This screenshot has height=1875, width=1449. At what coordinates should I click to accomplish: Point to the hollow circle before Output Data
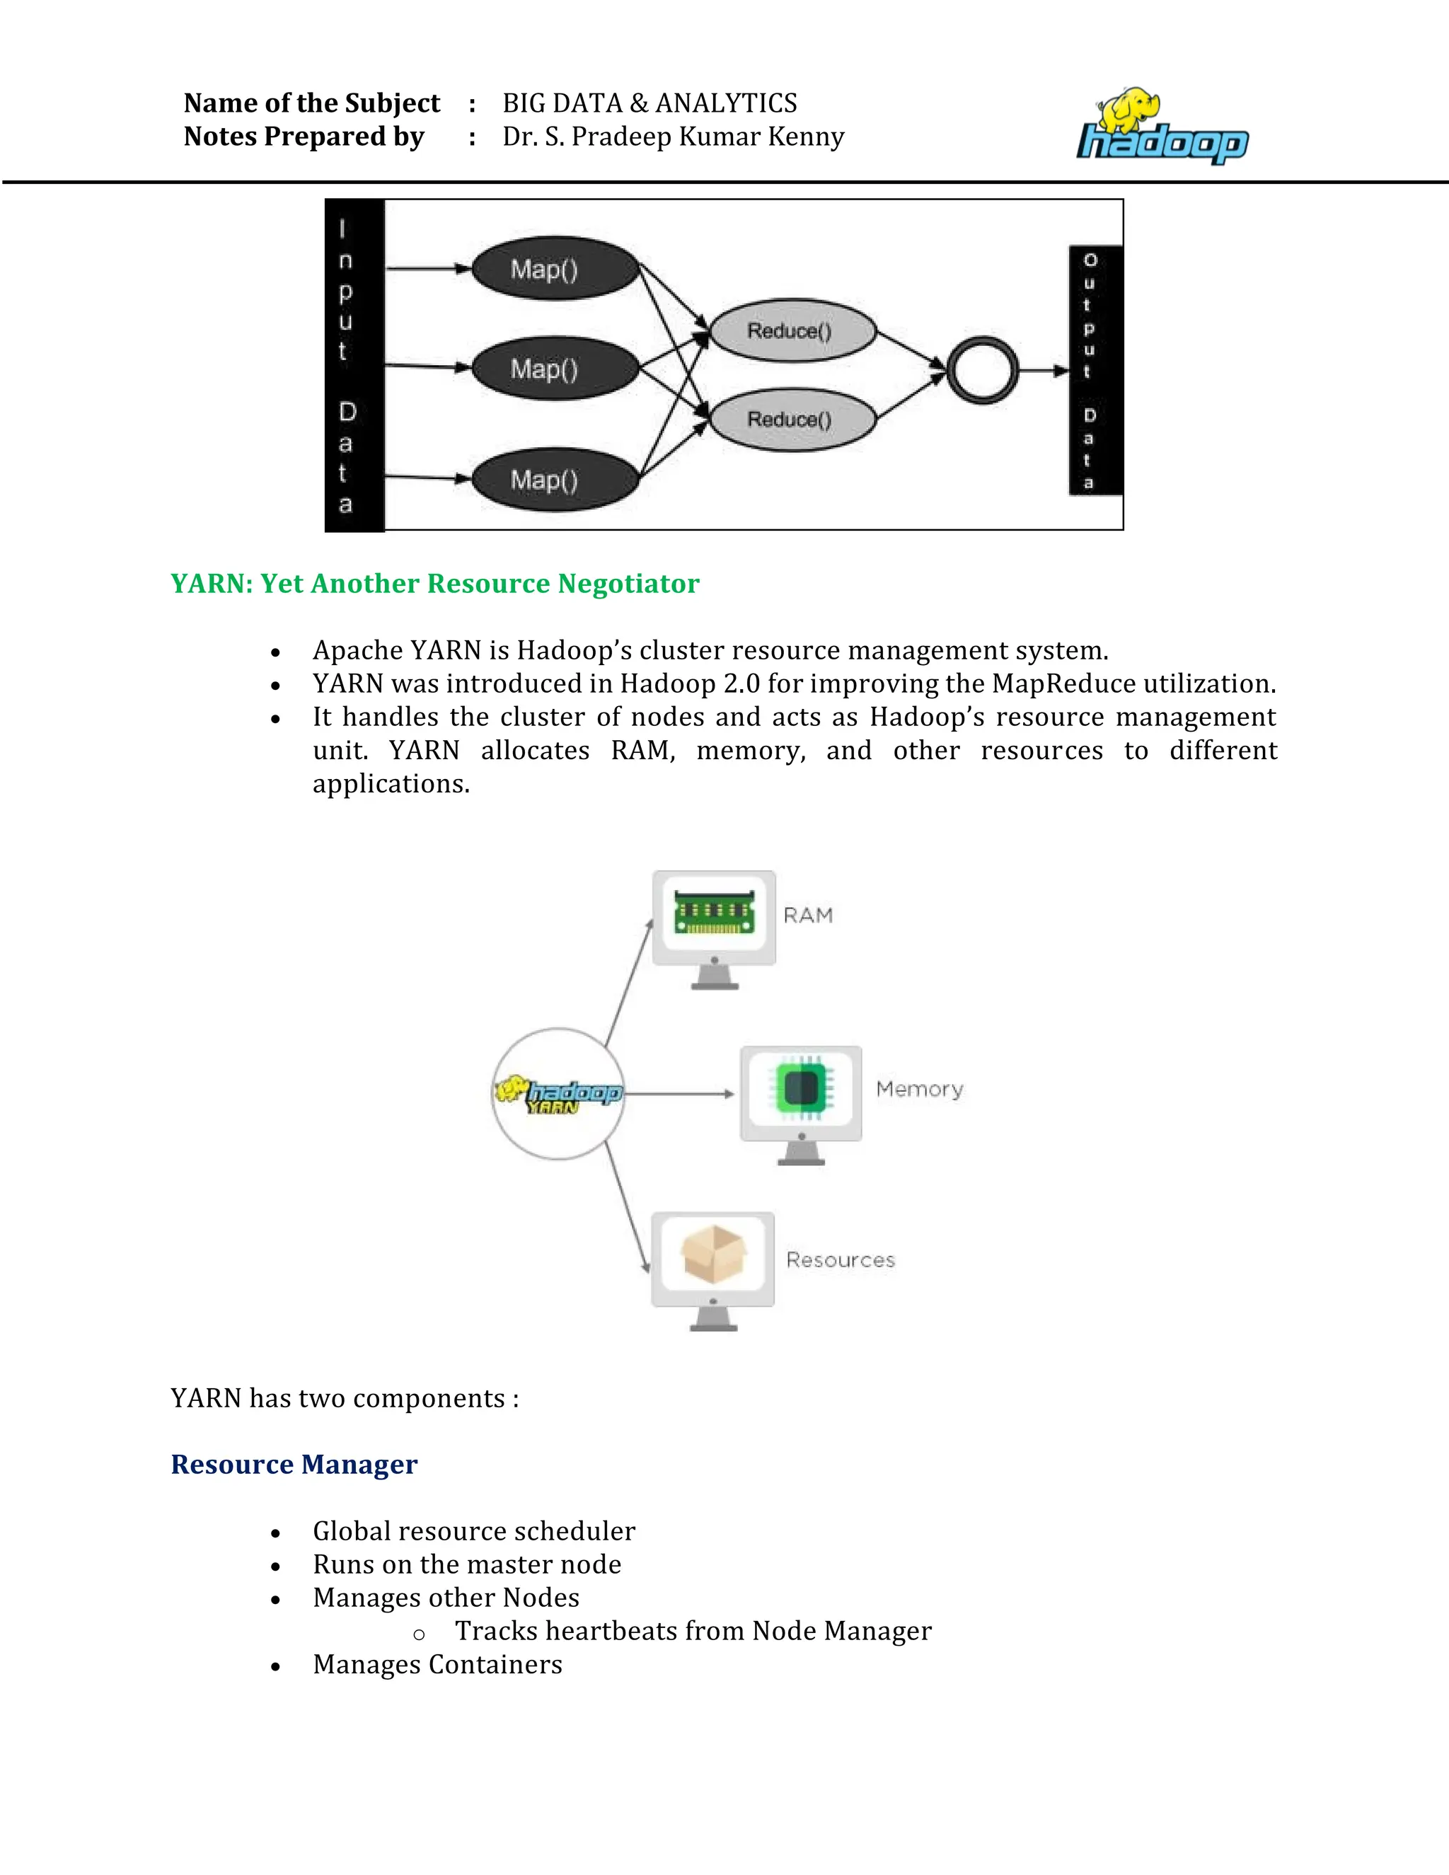pos(982,370)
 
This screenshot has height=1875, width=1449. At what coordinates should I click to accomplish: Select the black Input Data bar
pos(354,366)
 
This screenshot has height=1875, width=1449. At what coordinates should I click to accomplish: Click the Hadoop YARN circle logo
pos(558,1094)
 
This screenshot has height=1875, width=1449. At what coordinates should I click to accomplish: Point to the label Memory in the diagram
pos(919,1090)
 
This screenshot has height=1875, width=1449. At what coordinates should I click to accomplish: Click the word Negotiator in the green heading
pos(628,584)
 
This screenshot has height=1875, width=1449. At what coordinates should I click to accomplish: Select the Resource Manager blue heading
pos(294,1465)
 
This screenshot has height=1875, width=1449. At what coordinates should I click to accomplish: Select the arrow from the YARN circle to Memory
pos(678,1094)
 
